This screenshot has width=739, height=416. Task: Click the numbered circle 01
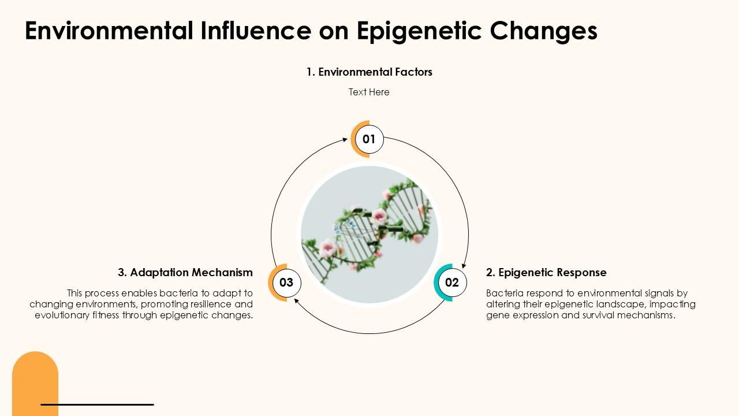(x=369, y=139)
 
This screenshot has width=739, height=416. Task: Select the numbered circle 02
(x=452, y=283)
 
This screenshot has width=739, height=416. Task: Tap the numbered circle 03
(x=286, y=283)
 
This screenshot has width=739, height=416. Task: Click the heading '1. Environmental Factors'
(x=369, y=72)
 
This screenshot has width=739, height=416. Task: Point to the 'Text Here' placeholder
(x=369, y=92)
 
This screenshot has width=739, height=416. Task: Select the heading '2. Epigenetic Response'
(x=546, y=273)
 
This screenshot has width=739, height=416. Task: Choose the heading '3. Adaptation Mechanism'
(x=185, y=273)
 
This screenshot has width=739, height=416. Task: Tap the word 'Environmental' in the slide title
(x=108, y=31)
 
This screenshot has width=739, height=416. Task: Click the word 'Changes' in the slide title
(x=544, y=31)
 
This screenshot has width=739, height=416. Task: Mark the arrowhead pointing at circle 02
(x=464, y=266)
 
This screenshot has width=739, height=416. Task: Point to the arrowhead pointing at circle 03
(x=296, y=300)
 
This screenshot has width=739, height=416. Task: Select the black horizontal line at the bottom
(x=97, y=404)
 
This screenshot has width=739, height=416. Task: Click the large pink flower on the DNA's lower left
(x=328, y=248)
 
